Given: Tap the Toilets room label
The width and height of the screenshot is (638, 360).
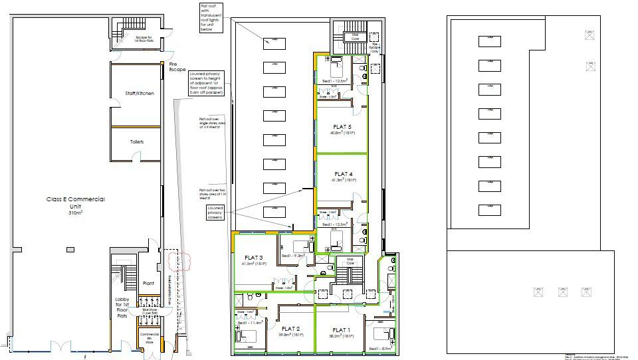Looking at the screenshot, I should (x=136, y=142).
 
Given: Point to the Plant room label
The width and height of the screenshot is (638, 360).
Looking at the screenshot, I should (x=149, y=282).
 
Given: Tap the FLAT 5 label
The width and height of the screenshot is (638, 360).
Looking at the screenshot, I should (x=342, y=127).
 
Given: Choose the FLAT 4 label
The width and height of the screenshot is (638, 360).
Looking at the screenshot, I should (x=342, y=175).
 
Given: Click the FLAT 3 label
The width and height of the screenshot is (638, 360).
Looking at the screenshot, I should (x=254, y=258).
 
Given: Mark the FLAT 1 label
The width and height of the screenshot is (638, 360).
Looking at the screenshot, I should (x=341, y=330).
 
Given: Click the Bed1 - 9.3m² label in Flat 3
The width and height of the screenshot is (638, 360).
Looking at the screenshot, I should (x=293, y=255).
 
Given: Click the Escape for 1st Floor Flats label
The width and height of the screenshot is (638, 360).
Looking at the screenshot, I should (x=144, y=39).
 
